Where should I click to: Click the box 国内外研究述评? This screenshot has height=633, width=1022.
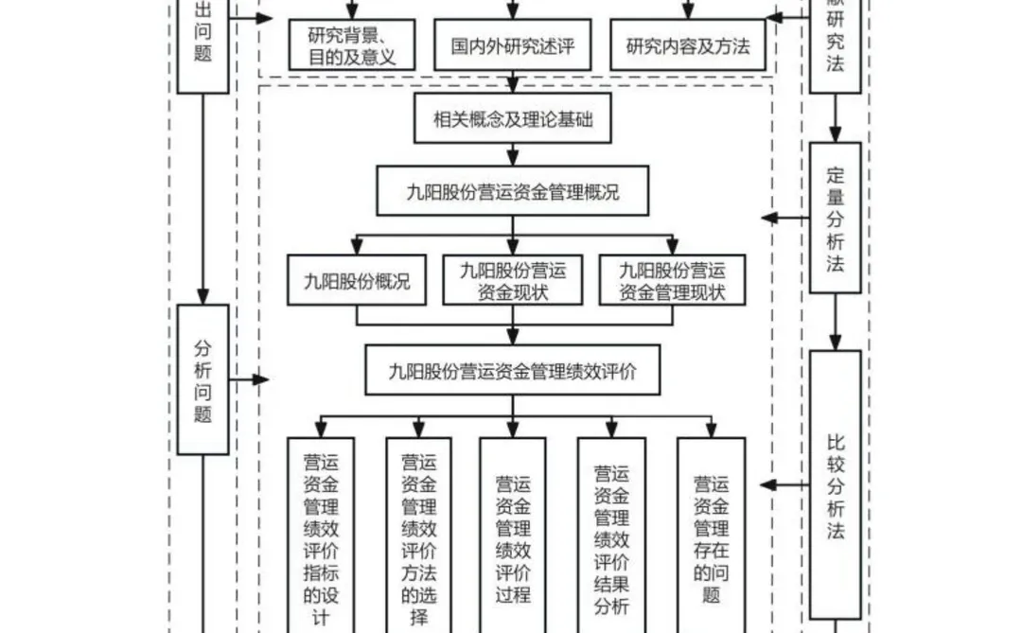coord(512,45)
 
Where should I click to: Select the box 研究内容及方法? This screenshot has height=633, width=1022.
coord(687,45)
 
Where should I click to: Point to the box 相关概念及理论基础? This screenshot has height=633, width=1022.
coord(513,120)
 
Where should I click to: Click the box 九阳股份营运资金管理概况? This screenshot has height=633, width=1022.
coord(513,192)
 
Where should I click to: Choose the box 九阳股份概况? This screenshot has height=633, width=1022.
coord(357,281)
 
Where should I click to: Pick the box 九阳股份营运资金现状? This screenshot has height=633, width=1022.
coord(513,281)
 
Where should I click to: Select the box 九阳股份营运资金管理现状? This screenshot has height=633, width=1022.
coord(672,281)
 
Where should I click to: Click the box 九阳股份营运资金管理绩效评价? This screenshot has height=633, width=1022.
coord(513,371)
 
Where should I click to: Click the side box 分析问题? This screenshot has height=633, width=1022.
coord(203,378)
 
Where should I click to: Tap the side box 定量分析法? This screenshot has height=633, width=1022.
coord(835,219)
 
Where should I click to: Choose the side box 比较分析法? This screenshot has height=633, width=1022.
coord(835,484)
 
